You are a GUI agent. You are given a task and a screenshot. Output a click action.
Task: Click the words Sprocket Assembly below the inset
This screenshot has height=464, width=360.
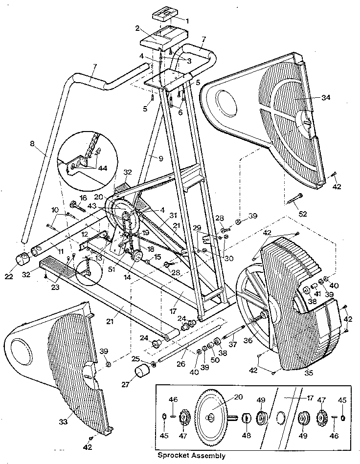pyautogui.click(x=191, y=456)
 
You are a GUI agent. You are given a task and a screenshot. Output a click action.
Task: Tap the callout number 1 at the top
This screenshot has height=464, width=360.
pyautogui.click(x=185, y=20)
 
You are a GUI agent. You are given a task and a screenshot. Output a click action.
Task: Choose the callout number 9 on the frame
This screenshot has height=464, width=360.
pyautogui.click(x=159, y=157)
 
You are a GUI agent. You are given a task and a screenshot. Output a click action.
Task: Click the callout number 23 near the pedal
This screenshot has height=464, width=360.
pyautogui.click(x=55, y=287)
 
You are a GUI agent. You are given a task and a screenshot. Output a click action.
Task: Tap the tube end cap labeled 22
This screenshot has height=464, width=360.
pyautogui.click(x=22, y=259)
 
